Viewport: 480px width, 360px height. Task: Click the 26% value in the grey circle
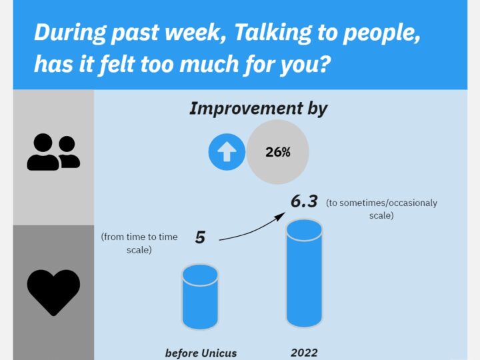pos(277,152)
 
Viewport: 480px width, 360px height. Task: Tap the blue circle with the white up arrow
pos(227,152)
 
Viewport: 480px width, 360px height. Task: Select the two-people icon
pos(53,152)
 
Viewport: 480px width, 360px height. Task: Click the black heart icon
pos(53,293)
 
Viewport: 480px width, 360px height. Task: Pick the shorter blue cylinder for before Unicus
pos(200,297)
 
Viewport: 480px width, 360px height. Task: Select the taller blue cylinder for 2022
pos(304,273)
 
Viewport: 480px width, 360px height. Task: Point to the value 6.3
pos(304,201)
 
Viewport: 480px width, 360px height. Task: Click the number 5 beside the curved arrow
pos(200,237)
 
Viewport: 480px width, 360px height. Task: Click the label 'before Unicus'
pos(201,353)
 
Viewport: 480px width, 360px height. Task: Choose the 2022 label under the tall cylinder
pos(304,353)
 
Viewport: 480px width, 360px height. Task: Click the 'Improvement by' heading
pos(259,109)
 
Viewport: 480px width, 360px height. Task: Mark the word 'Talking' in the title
pos(273,33)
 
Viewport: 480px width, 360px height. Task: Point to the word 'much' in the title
pos(209,64)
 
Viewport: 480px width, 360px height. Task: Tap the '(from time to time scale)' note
pos(139,243)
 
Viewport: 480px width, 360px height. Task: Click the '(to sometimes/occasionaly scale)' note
pos(381,209)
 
